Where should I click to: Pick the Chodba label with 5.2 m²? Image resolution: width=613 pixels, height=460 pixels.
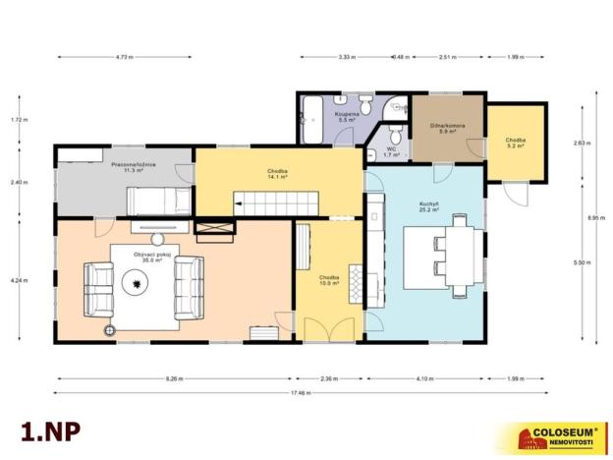[516, 144]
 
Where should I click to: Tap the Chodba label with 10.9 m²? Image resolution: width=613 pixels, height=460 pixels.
[329, 280]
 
